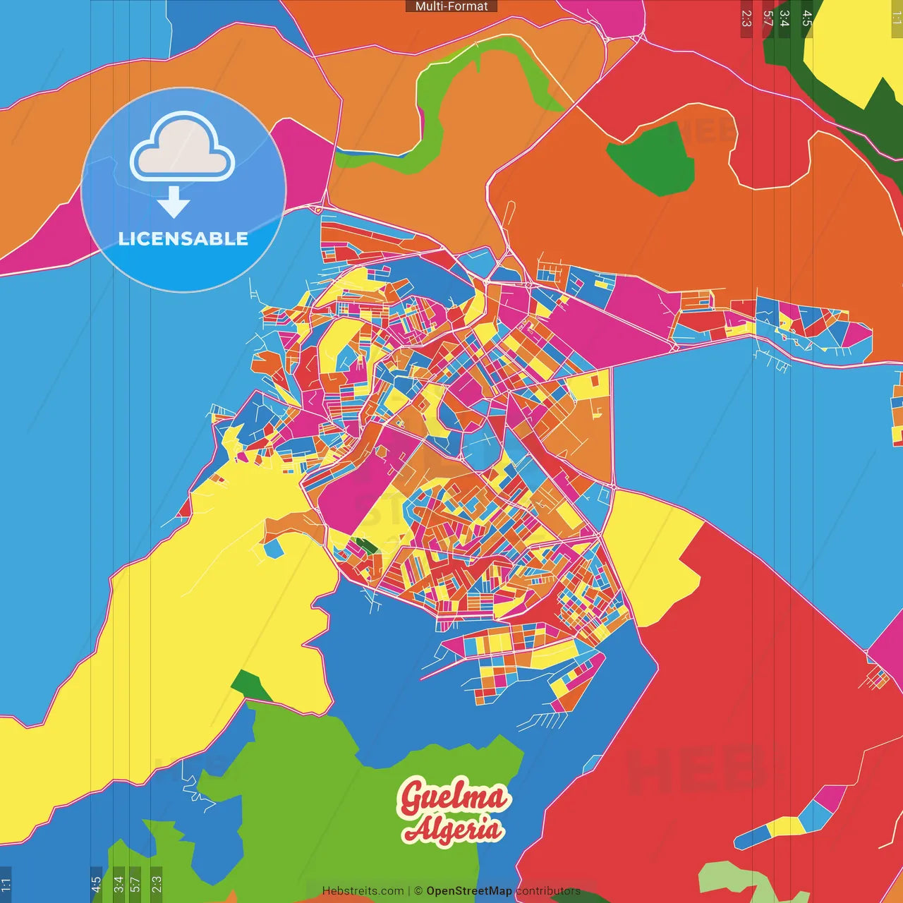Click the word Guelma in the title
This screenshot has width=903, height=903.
(x=453, y=798)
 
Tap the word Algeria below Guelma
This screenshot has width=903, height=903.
(x=453, y=829)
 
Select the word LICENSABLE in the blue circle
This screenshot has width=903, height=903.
(x=183, y=238)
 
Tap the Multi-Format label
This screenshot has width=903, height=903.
(x=451, y=6)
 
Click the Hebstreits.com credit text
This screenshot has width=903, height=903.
(x=363, y=891)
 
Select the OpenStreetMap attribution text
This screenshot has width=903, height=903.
(x=469, y=891)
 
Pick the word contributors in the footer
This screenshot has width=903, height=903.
(x=548, y=891)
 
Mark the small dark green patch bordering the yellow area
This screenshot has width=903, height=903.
(x=248, y=684)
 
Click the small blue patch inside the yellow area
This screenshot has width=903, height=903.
(x=273, y=548)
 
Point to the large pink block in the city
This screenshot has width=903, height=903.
(x=353, y=487)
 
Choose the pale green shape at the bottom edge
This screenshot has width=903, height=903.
(x=741, y=882)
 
